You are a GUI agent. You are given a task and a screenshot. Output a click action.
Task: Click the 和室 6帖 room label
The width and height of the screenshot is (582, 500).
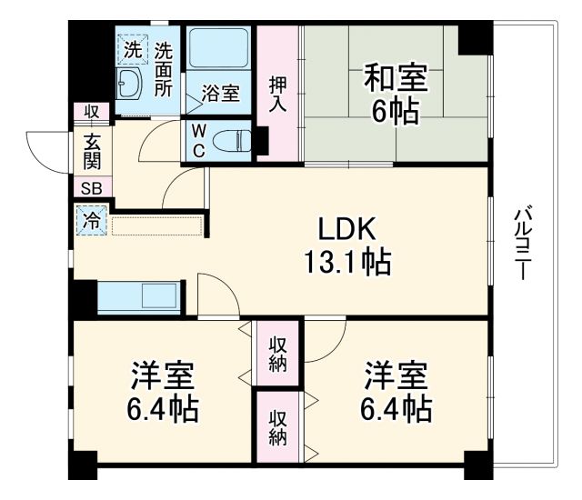coord(392,94)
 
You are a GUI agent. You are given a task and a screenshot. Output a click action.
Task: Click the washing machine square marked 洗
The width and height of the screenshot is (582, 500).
coord(133,50)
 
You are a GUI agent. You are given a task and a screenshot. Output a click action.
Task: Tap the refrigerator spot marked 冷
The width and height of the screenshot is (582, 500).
coord(91,219)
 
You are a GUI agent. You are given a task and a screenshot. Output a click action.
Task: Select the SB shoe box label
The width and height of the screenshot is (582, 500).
coord(91,189)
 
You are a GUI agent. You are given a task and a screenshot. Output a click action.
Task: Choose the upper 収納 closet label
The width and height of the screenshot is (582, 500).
coord(278,355)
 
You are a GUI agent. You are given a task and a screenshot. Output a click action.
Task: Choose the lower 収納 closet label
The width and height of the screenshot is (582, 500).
coord(278,427)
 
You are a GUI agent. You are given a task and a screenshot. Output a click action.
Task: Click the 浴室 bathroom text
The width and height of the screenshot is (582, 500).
coord(220,94)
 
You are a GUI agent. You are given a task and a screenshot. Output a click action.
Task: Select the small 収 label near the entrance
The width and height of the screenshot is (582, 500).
coord(92,112)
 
